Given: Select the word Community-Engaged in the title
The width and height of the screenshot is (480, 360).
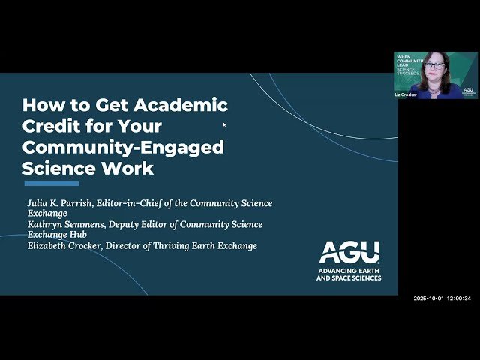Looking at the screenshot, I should [123, 147].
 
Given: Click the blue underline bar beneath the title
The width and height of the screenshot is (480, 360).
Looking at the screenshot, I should [51, 184].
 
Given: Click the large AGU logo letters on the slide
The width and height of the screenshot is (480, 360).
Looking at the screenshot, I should [349, 252].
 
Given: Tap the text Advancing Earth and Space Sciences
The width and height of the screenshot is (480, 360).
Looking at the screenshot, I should [349, 274].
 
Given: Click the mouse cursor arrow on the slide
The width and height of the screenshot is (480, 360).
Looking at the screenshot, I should [225, 125].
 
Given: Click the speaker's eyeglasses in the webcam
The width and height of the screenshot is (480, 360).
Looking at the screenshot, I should [435, 66].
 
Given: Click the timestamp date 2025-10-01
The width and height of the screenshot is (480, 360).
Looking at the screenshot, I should [428, 298].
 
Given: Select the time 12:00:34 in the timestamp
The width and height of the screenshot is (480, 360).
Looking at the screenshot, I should [459, 298].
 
